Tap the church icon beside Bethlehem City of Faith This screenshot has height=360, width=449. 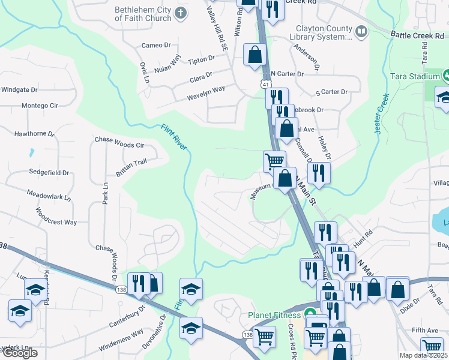pyautogui.click(x=181, y=13)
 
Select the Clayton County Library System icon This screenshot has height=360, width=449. pyautogui.click(x=361, y=31)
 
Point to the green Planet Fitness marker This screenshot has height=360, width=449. pyautogui.click(x=310, y=314)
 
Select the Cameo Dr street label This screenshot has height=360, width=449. pyautogui.click(x=156, y=46)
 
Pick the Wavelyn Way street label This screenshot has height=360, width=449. pyautogui.click(x=206, y=89)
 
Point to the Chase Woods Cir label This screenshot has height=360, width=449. pyautogui.click(x=119, y=145)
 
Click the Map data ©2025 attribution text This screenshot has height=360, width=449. pyautogui.click(x=424, y=355)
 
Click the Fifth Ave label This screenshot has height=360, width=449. pyautogui.click(x=425, y=330)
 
